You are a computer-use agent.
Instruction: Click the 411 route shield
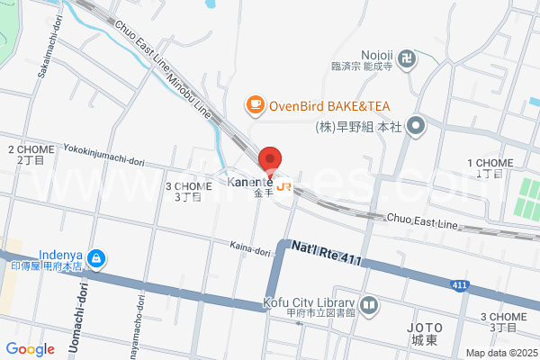pos(460,285)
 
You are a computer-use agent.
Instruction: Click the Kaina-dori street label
pos(249,248)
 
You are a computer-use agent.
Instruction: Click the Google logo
pos(30,348)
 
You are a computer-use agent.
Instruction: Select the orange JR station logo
pos(284,186)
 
